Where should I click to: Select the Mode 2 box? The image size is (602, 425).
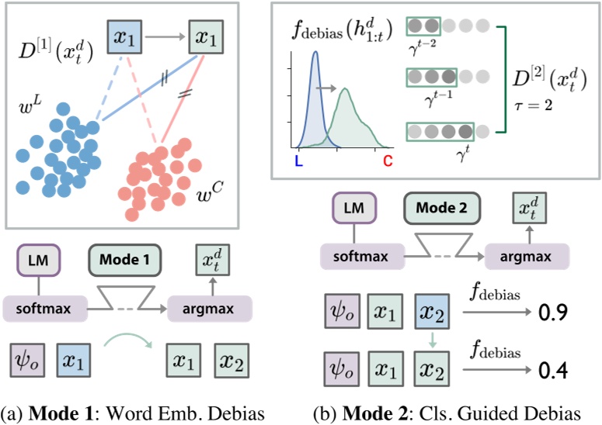tap(441, 208)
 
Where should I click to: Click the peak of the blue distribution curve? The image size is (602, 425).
tap(315, 54)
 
